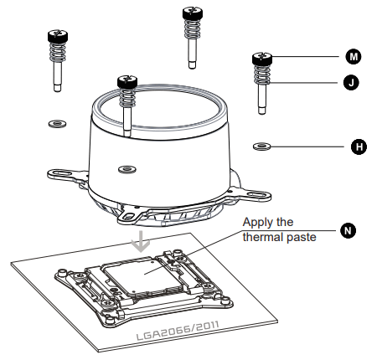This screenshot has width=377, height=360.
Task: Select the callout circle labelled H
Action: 359,147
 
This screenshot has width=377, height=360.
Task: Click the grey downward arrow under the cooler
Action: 143,241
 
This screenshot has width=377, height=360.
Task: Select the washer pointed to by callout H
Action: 261,146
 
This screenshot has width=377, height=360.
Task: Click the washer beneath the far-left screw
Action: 57,123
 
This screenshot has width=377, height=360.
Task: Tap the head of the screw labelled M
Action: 261,58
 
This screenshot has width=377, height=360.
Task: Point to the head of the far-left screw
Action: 56,36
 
